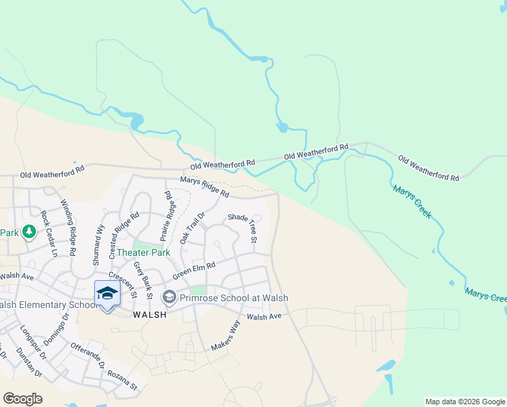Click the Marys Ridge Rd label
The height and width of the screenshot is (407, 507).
point(204,187)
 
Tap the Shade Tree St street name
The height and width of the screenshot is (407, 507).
point(243,227)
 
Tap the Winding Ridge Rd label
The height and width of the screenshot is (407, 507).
point(68,227)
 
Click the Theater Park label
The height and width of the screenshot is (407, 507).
point(143,252)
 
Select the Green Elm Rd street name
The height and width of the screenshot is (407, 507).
point(194,271)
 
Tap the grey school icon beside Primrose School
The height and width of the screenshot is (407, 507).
point(169,297)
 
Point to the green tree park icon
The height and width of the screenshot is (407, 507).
point(28,233)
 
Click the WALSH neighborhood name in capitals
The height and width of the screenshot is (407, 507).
point(150,315)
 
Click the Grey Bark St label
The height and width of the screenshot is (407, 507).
point(141,280)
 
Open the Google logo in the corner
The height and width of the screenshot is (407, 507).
point(22,398)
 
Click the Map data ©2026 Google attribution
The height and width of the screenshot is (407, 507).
point(465,402)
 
